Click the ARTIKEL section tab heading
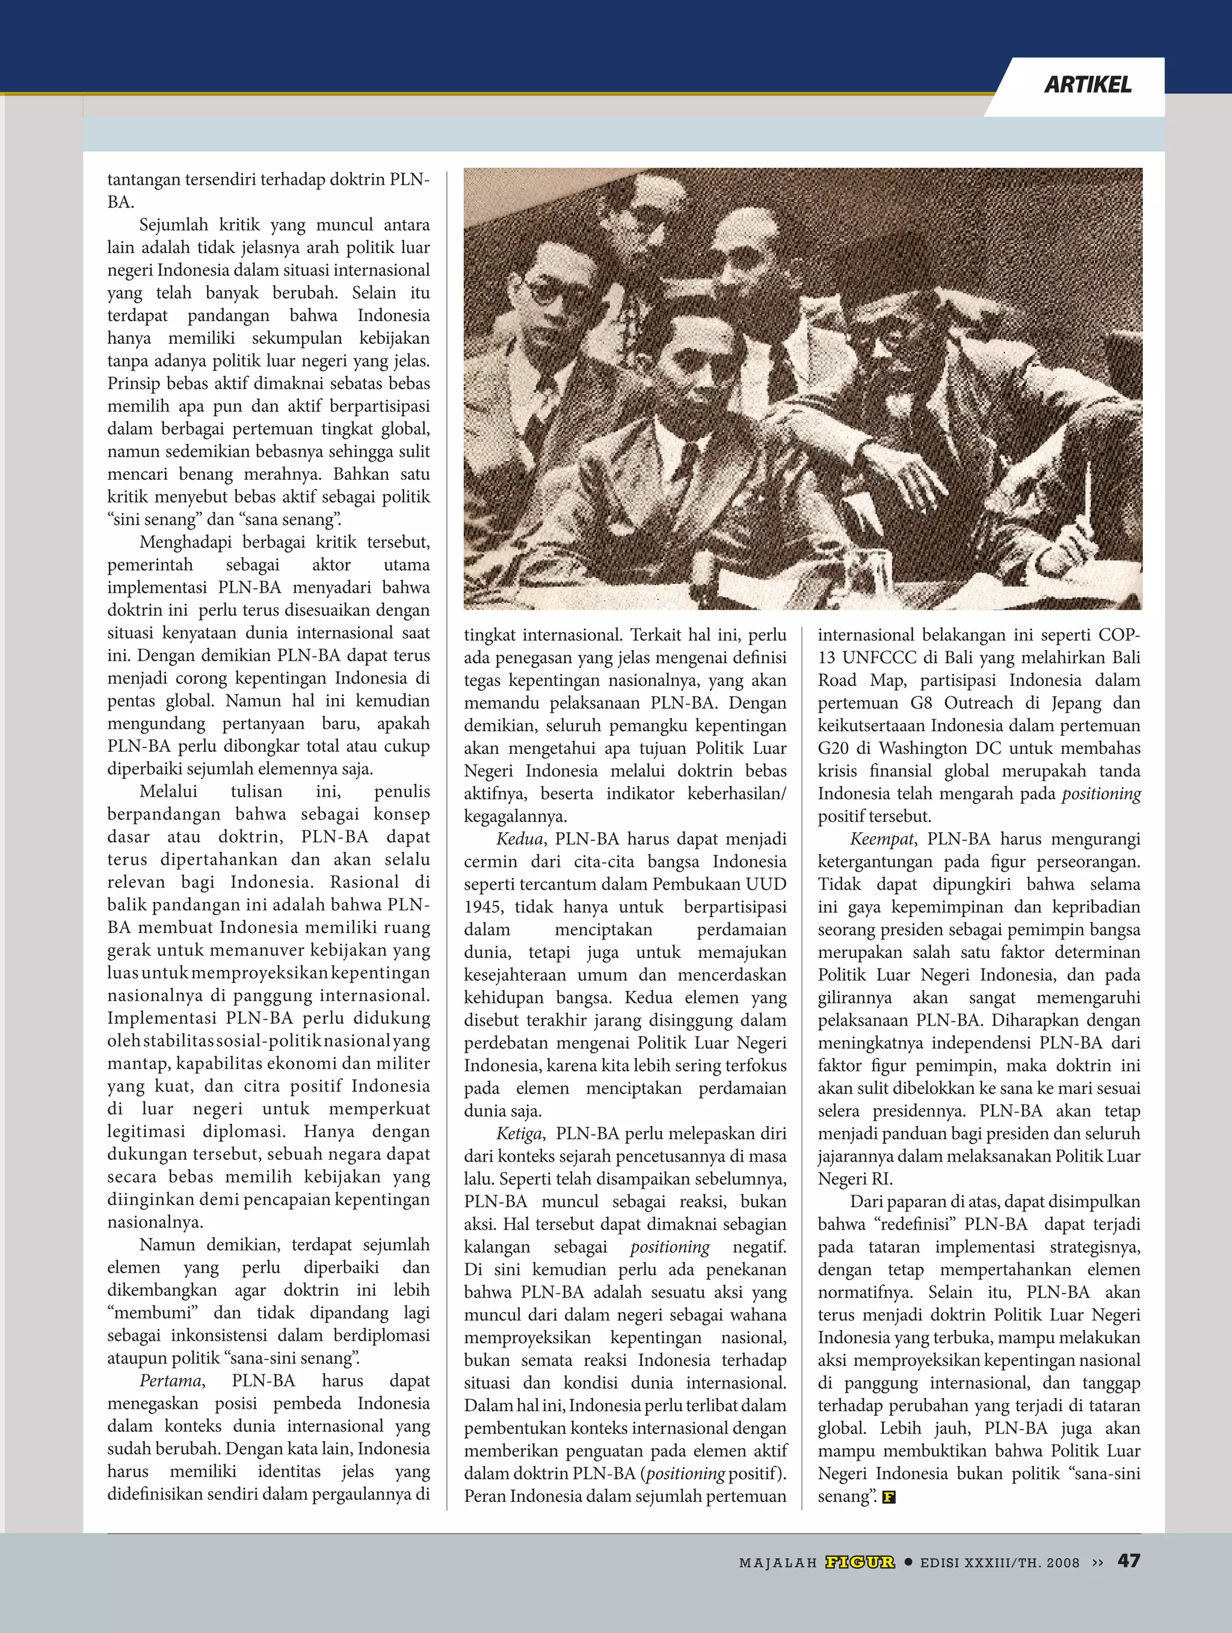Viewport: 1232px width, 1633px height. coord(1087,85)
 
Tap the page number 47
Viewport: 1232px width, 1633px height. coord(1129,1560)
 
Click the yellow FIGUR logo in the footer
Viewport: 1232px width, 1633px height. coord(860,1561)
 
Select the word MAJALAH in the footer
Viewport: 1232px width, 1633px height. coord(778,1562)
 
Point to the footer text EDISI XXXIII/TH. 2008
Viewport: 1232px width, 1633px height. coord(999,1562)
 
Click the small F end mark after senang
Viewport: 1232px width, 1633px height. coord(889,1497)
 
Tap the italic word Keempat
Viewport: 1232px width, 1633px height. coord(882,839)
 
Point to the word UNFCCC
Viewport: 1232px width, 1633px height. coord(879,657)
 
